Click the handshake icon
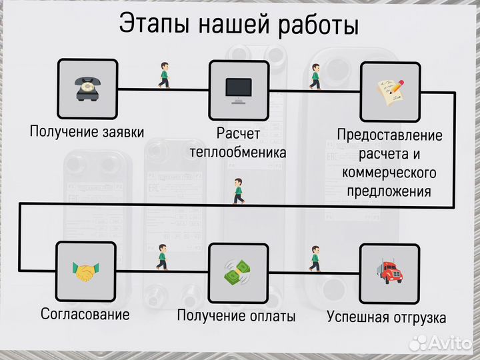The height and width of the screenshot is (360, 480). coord(85,271)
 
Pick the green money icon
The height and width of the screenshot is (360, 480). coord(237,271)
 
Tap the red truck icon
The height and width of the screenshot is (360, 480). coord(389,271)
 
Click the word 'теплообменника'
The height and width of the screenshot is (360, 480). coord(238,153)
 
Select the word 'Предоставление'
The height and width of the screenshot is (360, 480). coord(389,135)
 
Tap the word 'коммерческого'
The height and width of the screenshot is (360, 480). coord(389,173)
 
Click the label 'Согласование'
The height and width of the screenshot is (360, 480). coord(85,313)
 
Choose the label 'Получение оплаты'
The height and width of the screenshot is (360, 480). coord(236,316)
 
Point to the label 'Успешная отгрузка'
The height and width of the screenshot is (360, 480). coord(386,317)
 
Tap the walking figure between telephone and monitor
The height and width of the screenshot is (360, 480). coord(164,75)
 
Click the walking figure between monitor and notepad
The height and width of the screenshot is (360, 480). coord(315,77)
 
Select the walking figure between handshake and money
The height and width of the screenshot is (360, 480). coord(162,257)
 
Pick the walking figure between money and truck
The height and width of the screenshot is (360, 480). coord(315,259)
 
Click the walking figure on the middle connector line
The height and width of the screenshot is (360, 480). coord(238,191)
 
